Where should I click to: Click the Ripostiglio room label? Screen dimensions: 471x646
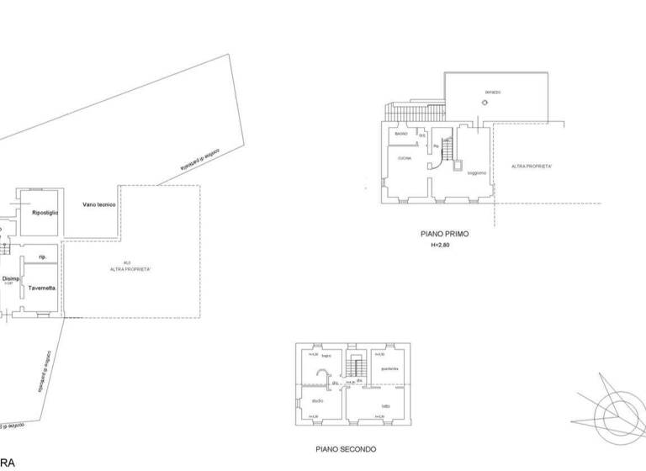tap(45, 213)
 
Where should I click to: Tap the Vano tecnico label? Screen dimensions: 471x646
tap(98, 205)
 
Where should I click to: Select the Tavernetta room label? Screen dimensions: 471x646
tap(42, 288)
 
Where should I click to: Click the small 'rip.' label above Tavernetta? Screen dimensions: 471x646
tap(42, 256)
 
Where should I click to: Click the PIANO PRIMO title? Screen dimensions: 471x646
tap(445, 235)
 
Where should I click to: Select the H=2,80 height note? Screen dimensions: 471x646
tap(441, 246)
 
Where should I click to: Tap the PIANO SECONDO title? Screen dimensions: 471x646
tap(346, 449)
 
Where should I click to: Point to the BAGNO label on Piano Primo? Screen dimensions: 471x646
tap(401, 134)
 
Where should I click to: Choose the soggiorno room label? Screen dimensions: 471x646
tap(477, 172)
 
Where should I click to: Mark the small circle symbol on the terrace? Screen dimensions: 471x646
tap(484, 103)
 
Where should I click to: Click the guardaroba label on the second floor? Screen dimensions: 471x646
tap(389, 370)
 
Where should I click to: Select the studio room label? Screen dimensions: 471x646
tap(318, 400)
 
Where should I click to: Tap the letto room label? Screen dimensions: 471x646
tap(386, 406)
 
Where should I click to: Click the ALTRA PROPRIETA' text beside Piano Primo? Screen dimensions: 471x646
tap(532, 167)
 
